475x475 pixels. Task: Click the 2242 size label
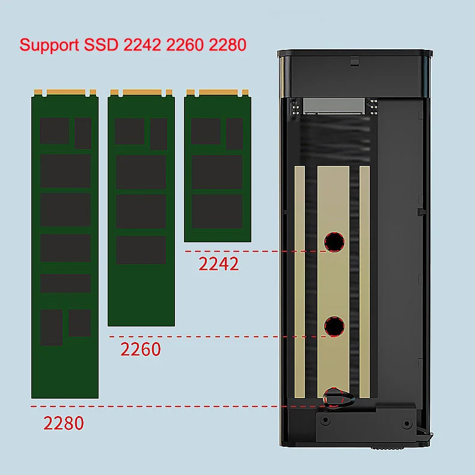coord(219,264)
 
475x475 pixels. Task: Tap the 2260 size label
coord(141,349)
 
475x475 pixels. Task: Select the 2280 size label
coord(64,423)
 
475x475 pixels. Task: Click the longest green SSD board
coord(65,247)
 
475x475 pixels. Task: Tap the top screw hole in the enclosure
coord(333,242)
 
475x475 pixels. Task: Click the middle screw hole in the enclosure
coord(333,326)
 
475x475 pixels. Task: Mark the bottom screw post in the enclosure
coord(333,396)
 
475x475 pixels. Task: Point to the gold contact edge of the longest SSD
coord(65,93)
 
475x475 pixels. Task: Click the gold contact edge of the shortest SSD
coord(217,93)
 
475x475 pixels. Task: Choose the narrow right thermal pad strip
coord(364,283)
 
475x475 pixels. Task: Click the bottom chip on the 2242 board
coord(217,211)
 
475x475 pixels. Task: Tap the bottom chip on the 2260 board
coord(141,250)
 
